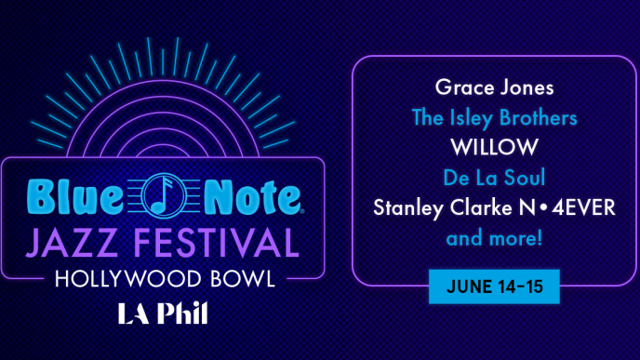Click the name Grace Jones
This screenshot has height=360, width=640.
(494, 89)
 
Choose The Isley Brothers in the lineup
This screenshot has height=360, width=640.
(494, 119)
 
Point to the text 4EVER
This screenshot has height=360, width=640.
(581, 208)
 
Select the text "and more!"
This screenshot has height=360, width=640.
(494, 238)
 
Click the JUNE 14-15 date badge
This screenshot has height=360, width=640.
(494, 286)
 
